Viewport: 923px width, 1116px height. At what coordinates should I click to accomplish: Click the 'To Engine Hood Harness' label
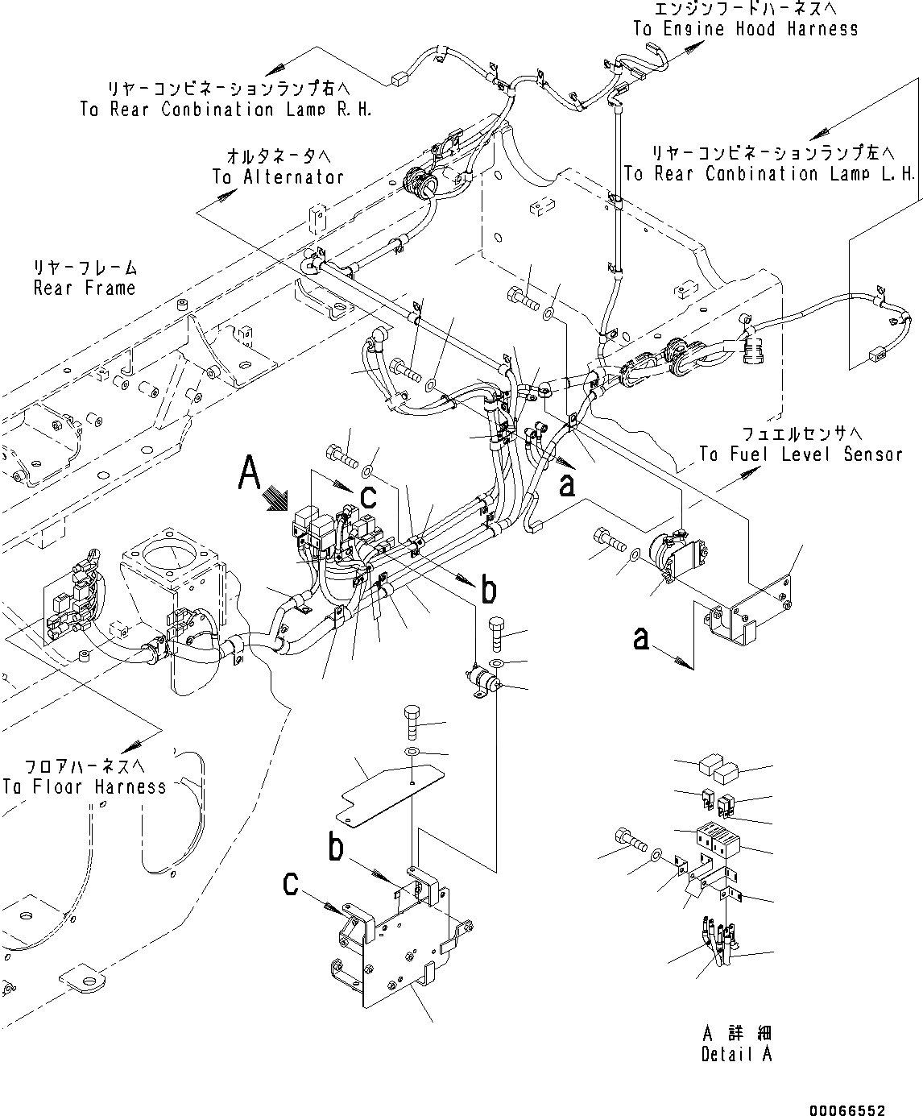[x=745, y=29]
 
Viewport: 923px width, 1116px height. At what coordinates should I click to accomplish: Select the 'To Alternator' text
[x=278, y=176]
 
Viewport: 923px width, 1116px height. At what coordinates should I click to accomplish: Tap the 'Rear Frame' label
[x=85, y=288]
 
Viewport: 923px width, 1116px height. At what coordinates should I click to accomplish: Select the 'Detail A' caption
[x=736, y=1054]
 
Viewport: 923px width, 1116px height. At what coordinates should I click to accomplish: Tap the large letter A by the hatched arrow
[x=250, y=473]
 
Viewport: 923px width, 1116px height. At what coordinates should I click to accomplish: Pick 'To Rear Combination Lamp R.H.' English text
[x=226, y=109]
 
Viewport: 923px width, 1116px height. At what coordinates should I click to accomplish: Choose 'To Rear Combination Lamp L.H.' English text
[x=769, y=173]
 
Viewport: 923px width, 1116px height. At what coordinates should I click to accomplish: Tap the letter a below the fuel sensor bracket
[x=641, y=638]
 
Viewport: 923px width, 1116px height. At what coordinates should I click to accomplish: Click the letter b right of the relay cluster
[x=488, y=591]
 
